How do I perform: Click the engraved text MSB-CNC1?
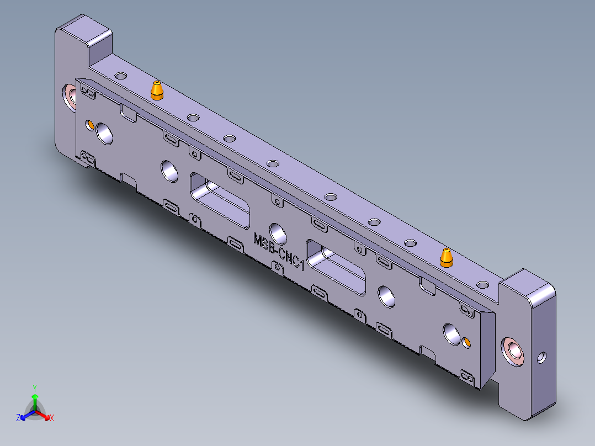(279, 251)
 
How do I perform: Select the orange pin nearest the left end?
(157, 90)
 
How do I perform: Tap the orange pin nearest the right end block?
(446, 257)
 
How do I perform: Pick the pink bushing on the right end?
(514, 351)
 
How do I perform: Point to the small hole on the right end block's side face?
(541, 357)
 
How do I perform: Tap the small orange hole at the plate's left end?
(89, 124)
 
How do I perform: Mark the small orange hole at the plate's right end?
(466, 343)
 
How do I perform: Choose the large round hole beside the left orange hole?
(104, 133)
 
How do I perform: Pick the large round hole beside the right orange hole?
(452, 333)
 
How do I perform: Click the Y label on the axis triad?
(34, 387)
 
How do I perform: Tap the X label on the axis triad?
(51, 418)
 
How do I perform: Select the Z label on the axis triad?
(18, 418)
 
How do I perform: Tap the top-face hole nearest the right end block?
(482, 285)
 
